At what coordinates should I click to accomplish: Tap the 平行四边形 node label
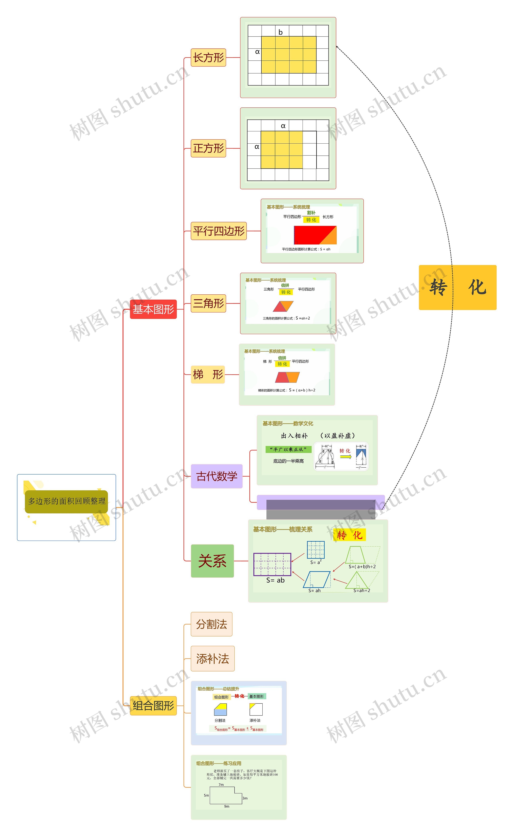click(219, 231)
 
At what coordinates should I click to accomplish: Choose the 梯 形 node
click(208, 375)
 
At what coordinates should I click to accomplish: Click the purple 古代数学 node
click(217, 476)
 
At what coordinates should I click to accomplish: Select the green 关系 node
click(212, 561)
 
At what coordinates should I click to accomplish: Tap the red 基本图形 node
click(153, 309)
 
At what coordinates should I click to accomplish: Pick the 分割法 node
click(211, 624)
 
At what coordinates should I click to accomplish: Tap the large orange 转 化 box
click(457, 287)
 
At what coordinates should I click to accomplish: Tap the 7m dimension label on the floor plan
click(221, 785)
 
